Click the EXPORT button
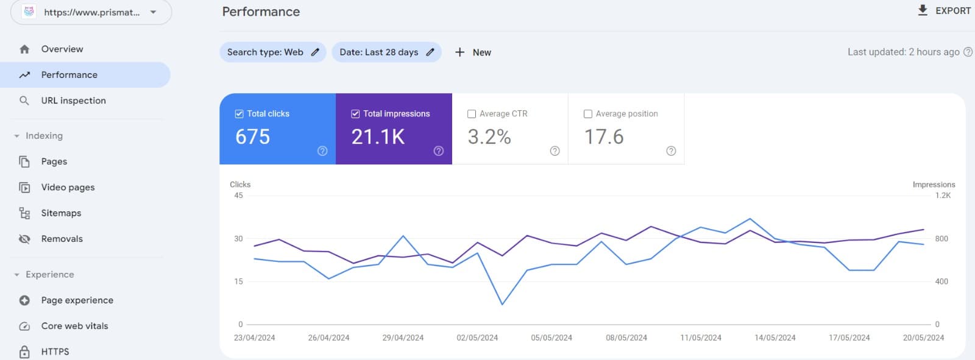(x=944, y=10)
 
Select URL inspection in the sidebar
(x=73, y=101)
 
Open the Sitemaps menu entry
(x=61, y=213)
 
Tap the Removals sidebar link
(x=62, y=239)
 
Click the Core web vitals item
(x=74, y=326)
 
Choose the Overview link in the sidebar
(x=62, y=49)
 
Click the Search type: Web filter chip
(x=272, y=52)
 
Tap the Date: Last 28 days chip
(x=386, y=52)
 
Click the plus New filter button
(x=473, y=52)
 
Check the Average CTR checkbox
(x=472, y=114)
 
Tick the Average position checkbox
(x=588, y=114)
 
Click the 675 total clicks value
(x=252, y=136)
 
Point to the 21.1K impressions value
(x=378, y=136)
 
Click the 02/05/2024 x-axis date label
(x=477, y=337)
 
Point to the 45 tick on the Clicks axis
(x=238, y=196)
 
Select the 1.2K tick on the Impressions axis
(x=943, y=196)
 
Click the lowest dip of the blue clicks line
(x=502, y=304)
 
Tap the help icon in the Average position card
(x=671, y=151)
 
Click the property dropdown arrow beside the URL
(x=153, y=12)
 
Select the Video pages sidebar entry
(x=68, y=188)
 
